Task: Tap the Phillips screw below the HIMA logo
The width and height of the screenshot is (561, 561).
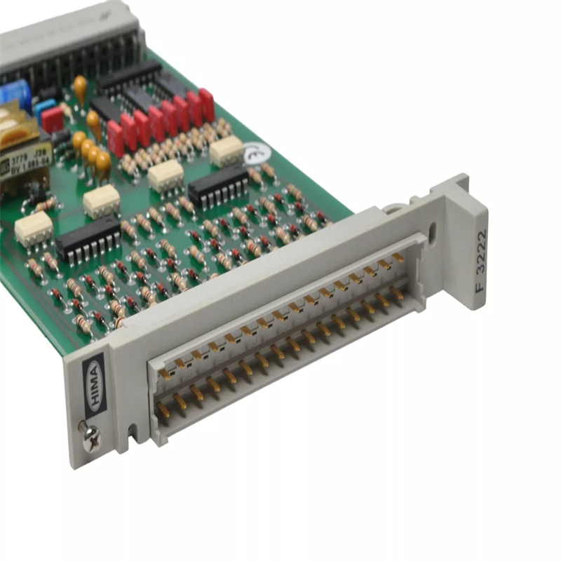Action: [92, 438]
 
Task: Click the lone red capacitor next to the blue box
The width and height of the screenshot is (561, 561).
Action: [53, 120]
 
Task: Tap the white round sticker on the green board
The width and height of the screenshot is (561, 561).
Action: [257, 153]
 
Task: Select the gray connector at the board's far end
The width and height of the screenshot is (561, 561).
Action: [70, 35]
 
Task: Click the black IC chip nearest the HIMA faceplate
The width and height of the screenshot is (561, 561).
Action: [88, 238]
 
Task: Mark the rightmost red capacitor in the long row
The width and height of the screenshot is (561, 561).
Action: [206, 104]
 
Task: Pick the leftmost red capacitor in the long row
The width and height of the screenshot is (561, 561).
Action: [116, 137]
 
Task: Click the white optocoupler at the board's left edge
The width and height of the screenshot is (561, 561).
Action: [34, 229]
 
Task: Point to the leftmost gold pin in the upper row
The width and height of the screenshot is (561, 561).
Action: [166, 372]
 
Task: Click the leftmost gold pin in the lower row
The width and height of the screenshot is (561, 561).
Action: [163, 410]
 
